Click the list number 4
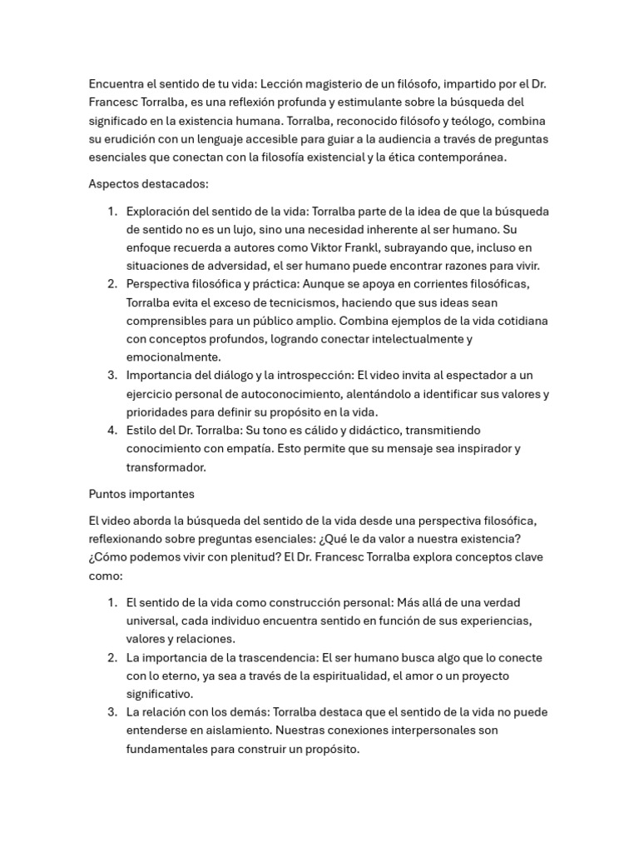pyautogui.click(x=112, y=430)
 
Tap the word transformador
pyautogui.click(x=166, y=466)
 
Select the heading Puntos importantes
pyautogui.click(x=141, y=493)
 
